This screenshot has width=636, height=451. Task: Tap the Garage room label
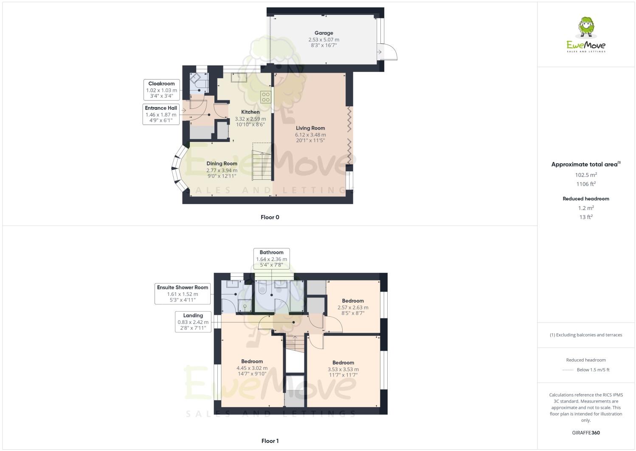click(x=324, y=33)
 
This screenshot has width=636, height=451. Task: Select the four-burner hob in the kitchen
click(x=266, y=97)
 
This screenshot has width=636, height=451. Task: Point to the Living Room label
click(x=310, y=128)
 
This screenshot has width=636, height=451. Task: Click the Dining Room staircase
click(x=262, y=165)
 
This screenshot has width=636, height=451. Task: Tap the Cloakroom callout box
click(x=161, y=90)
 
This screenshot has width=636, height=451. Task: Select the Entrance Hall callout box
click(x=161, y=114)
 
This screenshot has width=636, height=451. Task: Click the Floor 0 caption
click(x=270, y=217)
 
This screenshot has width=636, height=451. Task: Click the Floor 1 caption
click(x=270, y=441)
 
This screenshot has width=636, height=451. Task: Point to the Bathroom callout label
click(x=271, y=258)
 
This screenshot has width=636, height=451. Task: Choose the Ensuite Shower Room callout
click(x=183, y=294)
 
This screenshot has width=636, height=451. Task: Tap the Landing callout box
click(x=193, y=322)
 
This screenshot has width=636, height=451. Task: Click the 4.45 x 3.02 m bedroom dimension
click(x=252, y=368)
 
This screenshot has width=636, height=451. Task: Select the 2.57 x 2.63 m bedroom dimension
click(x=353, y=307)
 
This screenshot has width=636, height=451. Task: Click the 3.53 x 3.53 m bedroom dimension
click(x=343, y=369)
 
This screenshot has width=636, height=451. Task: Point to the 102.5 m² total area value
click(x=586, y=175)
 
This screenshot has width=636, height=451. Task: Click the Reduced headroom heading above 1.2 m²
click(x=586, y=199)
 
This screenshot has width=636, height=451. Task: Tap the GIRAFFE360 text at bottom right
click(x=586, y=433)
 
